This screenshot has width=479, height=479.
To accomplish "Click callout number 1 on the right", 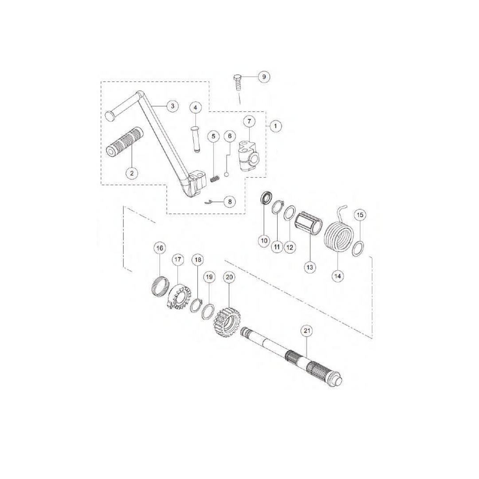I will click(275, 126).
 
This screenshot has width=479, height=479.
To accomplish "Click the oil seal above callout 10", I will click(266, 197).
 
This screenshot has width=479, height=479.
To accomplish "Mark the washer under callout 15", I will click(359, 249).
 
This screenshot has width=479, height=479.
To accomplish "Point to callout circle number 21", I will click(307, 330).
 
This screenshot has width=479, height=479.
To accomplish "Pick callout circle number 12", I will click(289, 247).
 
